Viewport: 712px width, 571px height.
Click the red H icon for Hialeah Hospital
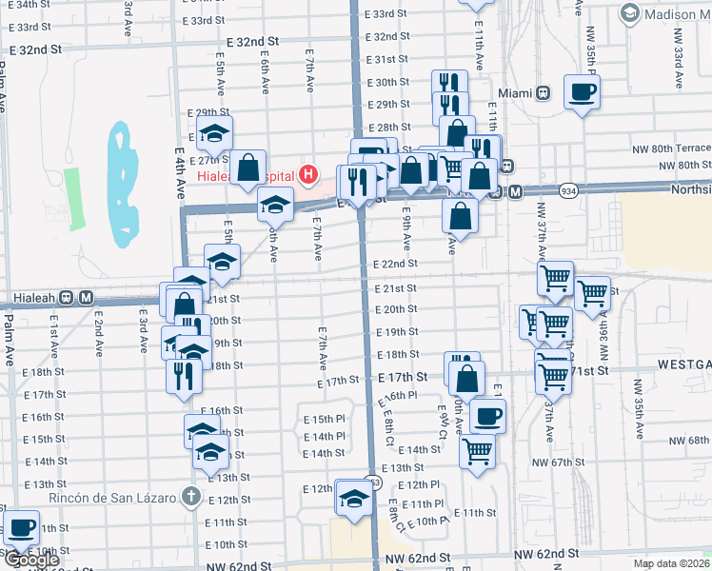(x=307, y=173)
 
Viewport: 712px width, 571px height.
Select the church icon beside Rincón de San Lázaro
(x=190, y=497)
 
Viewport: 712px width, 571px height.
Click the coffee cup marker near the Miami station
(x=583, y=92)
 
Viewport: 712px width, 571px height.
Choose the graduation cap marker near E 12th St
(x=353, y=500)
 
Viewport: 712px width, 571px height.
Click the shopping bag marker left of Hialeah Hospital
(x=248, y=167)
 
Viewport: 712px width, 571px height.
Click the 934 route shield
(x=568, y=191)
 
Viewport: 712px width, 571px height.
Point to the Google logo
(x=31, y=560)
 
